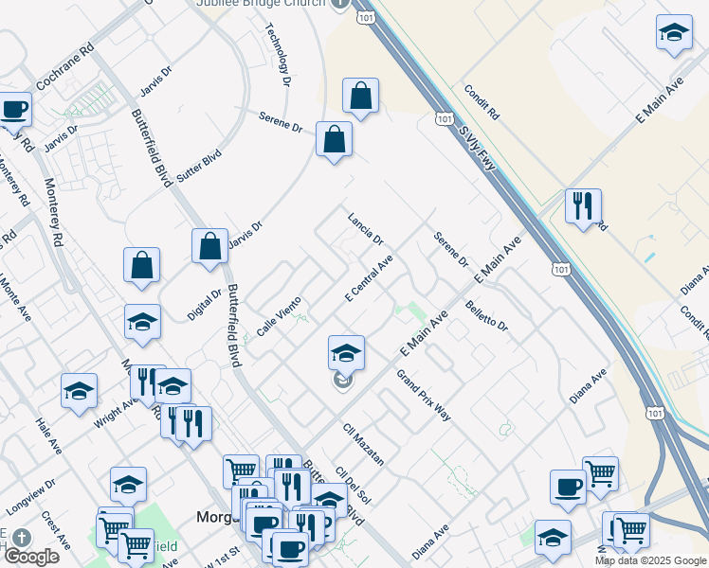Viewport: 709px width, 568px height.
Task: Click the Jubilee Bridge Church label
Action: click(x=260, y=4)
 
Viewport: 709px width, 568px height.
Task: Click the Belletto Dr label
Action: click(x=487, y=316)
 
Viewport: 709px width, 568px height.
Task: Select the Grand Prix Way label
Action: click(x=424, y=395)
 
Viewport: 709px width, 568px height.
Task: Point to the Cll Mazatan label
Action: click(x=364, y=444)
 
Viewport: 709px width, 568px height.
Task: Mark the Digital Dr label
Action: click(x=204, y=306)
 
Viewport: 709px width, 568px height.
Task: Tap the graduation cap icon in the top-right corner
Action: click(x=674, y=33)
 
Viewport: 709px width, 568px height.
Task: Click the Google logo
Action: click(x=31, y=557)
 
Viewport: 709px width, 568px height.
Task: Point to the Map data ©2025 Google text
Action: click(x=650, y=560)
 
